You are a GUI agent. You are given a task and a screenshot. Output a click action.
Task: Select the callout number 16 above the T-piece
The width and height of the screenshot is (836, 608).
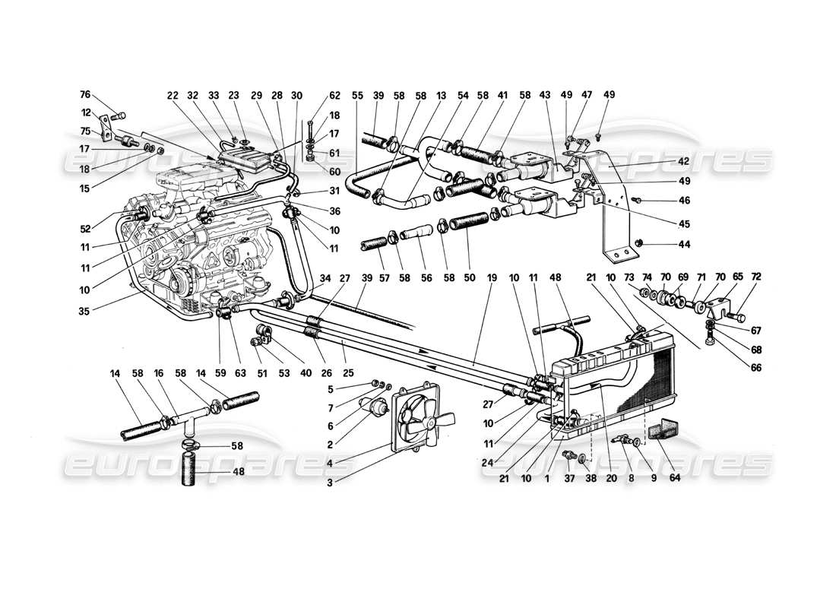click(x=158, y=373)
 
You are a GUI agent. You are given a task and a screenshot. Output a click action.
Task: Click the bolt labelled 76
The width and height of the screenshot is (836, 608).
click(x=119, y=117)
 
